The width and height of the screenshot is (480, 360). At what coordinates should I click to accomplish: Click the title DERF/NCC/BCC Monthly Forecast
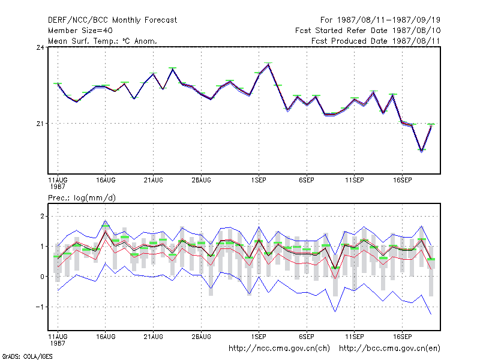pos(112,20)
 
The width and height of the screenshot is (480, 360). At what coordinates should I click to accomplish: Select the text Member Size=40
pos(80,31)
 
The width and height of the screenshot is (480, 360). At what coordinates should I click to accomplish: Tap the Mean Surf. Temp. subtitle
pos(102,41)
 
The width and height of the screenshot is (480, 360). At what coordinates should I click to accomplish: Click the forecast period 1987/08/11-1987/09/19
pos(380,20)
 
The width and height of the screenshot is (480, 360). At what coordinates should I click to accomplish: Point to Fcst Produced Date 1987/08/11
pos(376,41)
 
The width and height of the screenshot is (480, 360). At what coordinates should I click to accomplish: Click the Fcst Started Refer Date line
pos(368,31)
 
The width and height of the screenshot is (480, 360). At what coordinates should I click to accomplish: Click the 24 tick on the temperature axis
pos(40,47)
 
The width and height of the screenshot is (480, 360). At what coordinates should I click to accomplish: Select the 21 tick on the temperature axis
pos(40,124)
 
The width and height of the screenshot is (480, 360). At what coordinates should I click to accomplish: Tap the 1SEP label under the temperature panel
pos(259,181)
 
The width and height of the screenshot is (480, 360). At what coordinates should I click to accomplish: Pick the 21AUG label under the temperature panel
pos(154,181)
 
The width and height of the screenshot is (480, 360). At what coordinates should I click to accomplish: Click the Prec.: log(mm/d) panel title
pos(82,198)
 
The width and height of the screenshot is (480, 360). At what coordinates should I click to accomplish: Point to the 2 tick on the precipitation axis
pos(42,217)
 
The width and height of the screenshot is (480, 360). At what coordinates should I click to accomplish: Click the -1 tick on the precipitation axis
pos(40,307)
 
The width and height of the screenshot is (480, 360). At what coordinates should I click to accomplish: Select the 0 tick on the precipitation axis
pos(42,277)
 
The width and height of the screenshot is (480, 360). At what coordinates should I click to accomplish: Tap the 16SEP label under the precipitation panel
pos(402,337)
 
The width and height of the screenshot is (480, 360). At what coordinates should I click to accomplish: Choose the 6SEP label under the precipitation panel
pos(307,337)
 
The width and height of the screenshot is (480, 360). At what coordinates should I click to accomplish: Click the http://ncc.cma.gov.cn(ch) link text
pos(279,349)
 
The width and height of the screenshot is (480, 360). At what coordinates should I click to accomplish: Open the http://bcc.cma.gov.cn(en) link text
pos(389,349)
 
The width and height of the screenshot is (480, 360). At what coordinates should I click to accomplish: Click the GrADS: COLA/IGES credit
pos(27,356)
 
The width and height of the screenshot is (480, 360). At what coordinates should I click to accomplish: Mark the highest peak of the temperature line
pos(268,64)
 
